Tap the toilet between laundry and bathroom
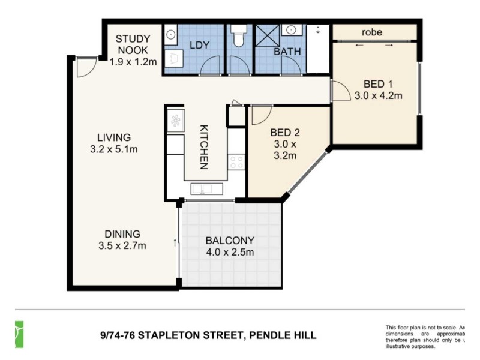point(239,36)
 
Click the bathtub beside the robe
point(318,49)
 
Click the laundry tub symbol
point(170,34)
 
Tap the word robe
point(372,32)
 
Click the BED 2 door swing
point(260,115)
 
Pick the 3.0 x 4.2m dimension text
point(378,95)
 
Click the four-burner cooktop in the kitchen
point(236,161)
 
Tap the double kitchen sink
point(206,190)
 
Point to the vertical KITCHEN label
point(204,148)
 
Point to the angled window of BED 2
point(308,170)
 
